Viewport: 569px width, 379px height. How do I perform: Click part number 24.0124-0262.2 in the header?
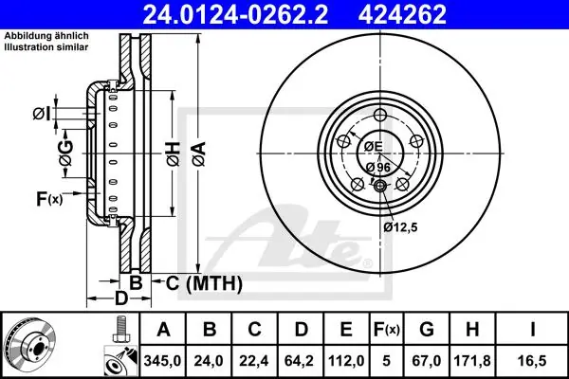(x=235, y=14)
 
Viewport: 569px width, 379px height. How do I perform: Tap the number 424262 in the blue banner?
(x=402, y=14)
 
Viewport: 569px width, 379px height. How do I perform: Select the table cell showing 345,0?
(x=162, y=361)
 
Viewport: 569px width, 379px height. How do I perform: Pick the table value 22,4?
(x=253, y=361)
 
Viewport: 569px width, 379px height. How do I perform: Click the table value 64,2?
(x=300, y=361)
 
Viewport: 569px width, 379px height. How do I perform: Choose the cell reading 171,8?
(x=472, y=361)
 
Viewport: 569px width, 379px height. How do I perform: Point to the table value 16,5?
(x=532, y=361)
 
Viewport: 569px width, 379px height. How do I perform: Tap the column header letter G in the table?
(x=427, y=330)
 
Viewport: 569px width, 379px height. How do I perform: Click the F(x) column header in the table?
(x=387, y=330)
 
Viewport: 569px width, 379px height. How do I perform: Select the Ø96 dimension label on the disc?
(x=377, y=167)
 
